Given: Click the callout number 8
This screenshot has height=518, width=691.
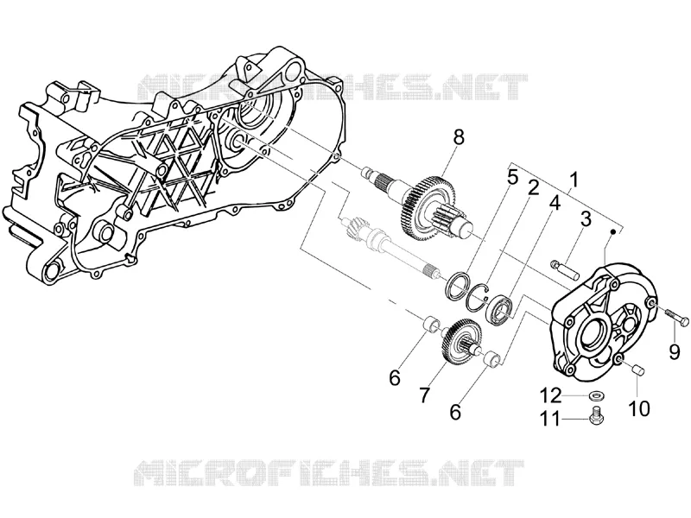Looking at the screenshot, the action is click(459, 138).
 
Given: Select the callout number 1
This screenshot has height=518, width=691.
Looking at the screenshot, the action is click(574, 180).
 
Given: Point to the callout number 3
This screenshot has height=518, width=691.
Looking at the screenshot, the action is click(585, 219).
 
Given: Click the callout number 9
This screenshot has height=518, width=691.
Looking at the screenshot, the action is click(674, 351).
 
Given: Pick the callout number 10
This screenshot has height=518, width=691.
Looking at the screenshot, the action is click(639, 408).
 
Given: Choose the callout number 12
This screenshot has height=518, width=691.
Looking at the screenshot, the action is click(550, 395).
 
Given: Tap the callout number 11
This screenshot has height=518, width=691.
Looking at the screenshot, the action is click(550, 419).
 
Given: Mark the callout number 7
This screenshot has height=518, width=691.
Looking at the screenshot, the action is click(423, 395).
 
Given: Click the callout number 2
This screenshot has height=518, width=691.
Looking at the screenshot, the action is click(533, 188).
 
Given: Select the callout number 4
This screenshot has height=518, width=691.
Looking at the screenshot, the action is click(554, 203).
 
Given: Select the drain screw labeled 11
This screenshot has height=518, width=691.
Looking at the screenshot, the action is click(596, 415).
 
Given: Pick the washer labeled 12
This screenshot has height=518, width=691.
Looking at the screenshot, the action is click(596, 394).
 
